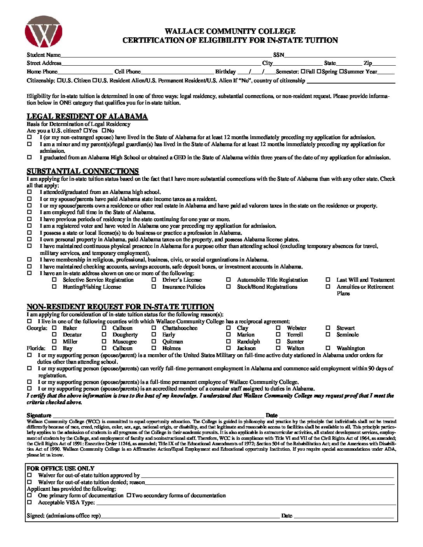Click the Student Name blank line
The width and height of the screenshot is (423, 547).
(x=165, y=56)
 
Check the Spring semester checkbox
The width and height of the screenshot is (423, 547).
(x=319, y=71)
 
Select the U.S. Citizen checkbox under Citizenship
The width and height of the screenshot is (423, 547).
(x=59, y=81)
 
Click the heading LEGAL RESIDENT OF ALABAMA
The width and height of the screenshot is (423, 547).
(x=87, y=117)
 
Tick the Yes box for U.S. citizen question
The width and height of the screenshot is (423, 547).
(x=86, y=131)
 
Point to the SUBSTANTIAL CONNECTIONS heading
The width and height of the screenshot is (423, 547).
(x=82, y=171)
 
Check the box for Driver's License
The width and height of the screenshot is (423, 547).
(x=154, y=280)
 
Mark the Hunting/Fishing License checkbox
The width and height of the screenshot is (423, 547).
(x=54, y=287)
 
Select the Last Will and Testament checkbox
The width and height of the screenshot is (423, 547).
(x=328, y=280)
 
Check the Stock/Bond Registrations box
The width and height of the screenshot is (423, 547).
(x=229, y=287)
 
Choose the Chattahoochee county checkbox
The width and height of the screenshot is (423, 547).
(x=154, y=328)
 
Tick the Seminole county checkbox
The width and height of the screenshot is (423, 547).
(x=328, y=334)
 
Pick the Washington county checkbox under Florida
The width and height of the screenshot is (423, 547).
(x=328, y=348)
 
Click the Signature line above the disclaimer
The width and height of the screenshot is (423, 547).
(x=157, y=415)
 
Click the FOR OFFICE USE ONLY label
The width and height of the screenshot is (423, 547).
(x=61, y=469)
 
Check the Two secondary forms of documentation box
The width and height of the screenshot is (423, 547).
(x=128, y=496)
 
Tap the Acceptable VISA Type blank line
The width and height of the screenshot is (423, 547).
(x=245, y=503)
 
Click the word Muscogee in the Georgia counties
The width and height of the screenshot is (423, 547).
(x=124, y=341)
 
